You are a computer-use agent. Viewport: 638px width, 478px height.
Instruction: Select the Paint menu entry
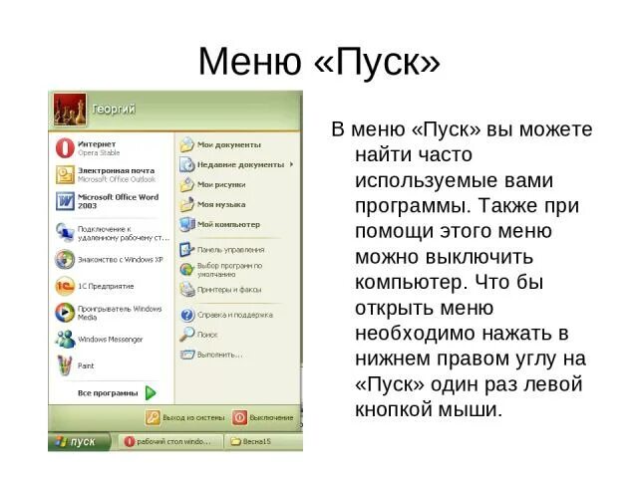[x=86, y=365]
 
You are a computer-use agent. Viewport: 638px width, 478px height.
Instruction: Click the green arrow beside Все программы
[x=151, y=392]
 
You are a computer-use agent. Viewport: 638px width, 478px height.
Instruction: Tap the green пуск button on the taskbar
[x=75, y=440]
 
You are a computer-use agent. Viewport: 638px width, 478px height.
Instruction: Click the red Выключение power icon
[x=240, y=417]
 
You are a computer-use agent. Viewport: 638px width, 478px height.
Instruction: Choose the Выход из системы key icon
[x=153, y=417]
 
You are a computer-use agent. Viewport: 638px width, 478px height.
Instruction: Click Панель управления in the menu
[x=230, y=249]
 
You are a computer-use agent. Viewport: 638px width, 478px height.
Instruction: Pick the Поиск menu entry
[x=206, y=335]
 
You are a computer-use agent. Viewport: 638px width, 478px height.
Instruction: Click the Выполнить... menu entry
[x=219, y=354]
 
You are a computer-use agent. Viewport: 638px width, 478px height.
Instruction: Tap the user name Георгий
[x=115, y=109]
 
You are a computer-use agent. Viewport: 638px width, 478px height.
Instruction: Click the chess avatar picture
[x=68, y=109]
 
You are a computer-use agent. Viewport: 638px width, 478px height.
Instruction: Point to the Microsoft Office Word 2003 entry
[x=118, y=201]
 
